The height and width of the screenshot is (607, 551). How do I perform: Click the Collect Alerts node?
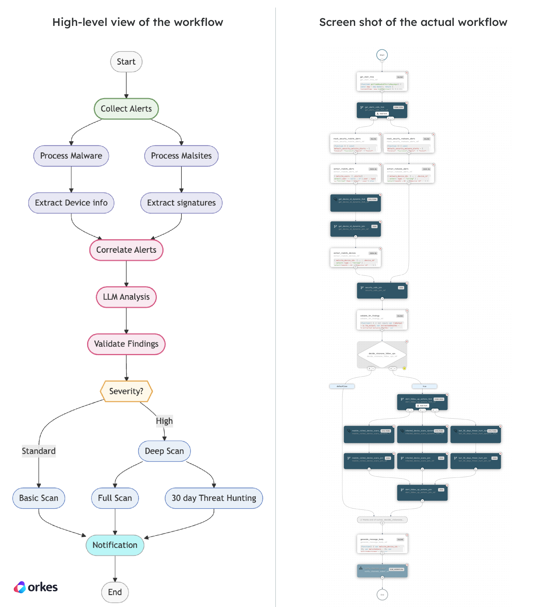coord(126,109)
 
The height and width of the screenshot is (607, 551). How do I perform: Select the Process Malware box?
coord(71,156)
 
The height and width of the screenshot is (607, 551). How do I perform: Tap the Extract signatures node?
coord(181,203)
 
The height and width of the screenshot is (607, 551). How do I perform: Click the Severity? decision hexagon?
coord(126,391)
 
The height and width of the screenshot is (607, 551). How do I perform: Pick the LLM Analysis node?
coord(126,297)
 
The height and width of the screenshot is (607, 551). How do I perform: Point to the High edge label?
coord(164,421)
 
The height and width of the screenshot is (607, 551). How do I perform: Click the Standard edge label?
coord(39,451)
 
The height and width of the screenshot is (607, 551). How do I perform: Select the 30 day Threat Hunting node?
coord(214,498)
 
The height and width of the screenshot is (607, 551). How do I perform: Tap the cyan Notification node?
coord(115,545)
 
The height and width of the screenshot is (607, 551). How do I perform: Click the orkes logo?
coord(36,587)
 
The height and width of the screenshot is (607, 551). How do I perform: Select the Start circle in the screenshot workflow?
coord(382,55)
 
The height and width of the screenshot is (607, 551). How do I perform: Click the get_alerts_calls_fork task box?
coord(382,110)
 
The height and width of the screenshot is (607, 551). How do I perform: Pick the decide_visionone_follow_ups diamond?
coord(382,354)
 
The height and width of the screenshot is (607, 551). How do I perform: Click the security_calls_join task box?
coord(382,290)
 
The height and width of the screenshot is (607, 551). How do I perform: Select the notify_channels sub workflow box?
coord(382,571)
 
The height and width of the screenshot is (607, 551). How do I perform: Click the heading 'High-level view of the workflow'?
coord(138,22)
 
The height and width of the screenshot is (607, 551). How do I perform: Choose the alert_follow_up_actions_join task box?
coord(422,492)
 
